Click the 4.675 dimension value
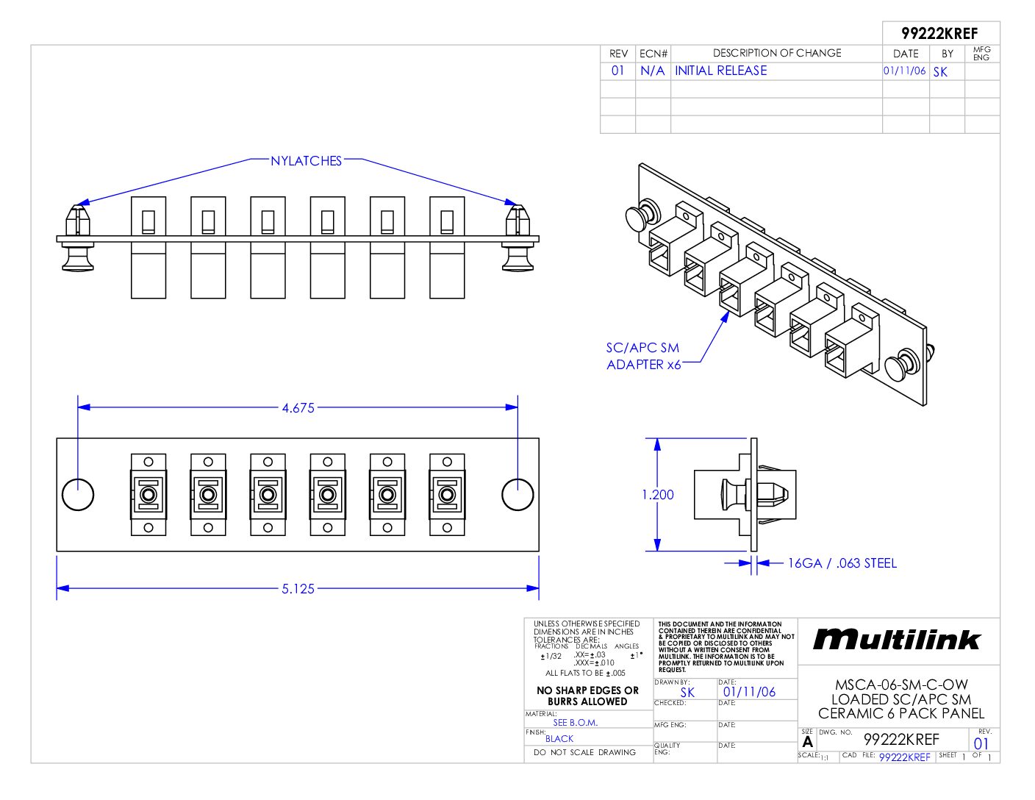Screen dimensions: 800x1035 click(298, 408)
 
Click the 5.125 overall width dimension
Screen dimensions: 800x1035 click(298, 589)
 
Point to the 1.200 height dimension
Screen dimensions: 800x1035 click(657, 495)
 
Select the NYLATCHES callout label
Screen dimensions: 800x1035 click(306, 161)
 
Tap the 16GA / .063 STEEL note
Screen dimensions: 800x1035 click(842, 563)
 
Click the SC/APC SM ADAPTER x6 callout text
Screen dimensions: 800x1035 click(643, 357)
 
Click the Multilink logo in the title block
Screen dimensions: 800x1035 click(897, 640)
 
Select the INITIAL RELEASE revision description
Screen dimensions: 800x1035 click(720, 71)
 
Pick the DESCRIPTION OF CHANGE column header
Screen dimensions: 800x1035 click(776, 53)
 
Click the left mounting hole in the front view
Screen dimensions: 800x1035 click(78, 495)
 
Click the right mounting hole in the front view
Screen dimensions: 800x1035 click(517, 495)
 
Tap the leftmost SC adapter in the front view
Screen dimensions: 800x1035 click(148, 495)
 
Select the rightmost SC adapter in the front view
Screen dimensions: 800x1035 click(447, 495)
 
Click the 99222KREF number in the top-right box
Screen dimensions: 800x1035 click(939, 34)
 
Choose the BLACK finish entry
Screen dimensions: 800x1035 click(559, 739)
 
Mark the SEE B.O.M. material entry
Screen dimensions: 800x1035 click(575, 723)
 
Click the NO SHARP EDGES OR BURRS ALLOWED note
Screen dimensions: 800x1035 click(587, 696)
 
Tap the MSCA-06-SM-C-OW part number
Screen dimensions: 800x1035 click(901, 685)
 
